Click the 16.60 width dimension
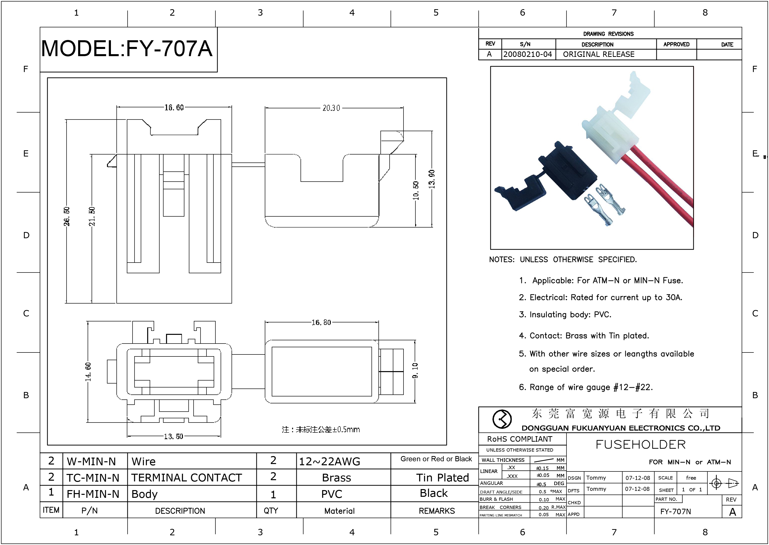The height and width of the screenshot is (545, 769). click(x=174, y=107)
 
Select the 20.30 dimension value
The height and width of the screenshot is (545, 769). click(x=331, y=108)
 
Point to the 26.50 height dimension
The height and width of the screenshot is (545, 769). click(x=67, y=216)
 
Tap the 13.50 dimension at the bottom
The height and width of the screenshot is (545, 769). click(x=173, y=436)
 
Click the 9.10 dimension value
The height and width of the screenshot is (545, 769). click(x=415, y=370)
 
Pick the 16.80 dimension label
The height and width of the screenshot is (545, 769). click(x=321, y=322)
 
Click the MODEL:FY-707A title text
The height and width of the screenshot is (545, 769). click(x=127, y=49)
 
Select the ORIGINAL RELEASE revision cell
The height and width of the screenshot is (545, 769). click(x=599, y=54)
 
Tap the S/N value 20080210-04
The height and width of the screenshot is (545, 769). click(x=528, y=54)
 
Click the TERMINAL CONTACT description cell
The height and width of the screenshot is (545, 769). click(x=187, y=477)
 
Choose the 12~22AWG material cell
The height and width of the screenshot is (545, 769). click(x=330, y=462)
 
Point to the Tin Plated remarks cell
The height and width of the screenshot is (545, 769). click(x=442, y=477)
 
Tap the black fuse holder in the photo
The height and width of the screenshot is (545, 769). click(x=567, y=175)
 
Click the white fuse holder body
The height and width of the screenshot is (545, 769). click(x=613, y=134)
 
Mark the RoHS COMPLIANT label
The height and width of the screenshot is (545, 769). click(x=520, y=439)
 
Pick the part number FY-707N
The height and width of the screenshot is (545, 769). click(x=675, y=511)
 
